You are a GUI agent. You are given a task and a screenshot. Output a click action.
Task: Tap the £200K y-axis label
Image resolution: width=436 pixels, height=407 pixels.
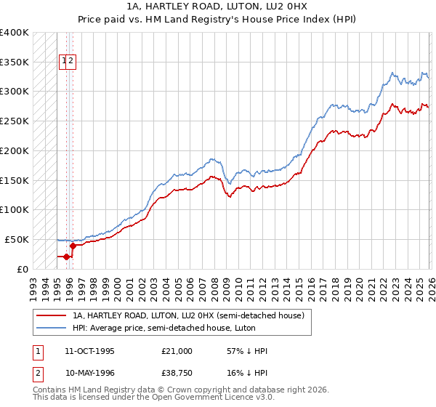[15, 151]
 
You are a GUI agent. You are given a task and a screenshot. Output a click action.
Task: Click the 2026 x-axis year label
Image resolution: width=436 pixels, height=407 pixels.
[429, 284]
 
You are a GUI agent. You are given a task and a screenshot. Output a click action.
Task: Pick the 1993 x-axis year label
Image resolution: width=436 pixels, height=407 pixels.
[33, 284]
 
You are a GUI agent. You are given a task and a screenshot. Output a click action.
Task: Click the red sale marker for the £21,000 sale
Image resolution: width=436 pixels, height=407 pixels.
[66, 257]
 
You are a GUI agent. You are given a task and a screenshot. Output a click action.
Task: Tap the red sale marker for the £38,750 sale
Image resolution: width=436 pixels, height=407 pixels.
[73, 246]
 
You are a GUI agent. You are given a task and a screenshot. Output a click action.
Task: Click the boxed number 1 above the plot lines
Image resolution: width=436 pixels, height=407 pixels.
[64, 62]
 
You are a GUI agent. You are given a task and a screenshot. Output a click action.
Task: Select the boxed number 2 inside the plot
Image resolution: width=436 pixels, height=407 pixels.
[71, 62]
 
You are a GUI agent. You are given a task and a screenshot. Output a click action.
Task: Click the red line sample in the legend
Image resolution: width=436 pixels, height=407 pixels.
[52, 315]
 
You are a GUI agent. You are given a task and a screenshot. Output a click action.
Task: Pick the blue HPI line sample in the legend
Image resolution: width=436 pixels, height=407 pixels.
[52, 328]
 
